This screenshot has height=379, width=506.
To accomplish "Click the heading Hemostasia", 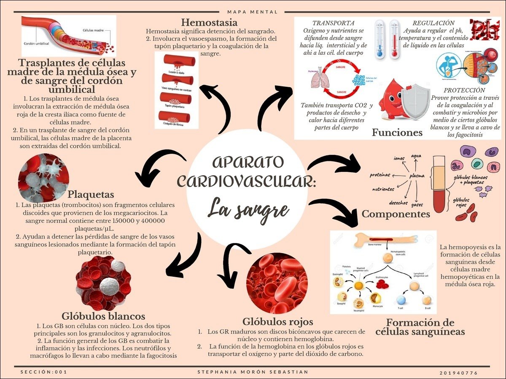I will click(x=209, y=22).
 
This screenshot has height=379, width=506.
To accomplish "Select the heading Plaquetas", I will click(x=91, y=195).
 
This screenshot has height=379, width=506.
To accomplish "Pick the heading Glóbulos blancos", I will click(x=103, y=316).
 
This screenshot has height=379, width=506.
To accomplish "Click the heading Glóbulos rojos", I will click(x=277, y=322).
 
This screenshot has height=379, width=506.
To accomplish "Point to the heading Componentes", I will click(x=396, y=214).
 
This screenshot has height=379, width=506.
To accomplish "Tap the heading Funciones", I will click(x=397, y=133).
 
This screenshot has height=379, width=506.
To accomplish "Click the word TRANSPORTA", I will click(x=333, y=23).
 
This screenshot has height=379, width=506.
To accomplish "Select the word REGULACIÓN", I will click(x=433, y=23).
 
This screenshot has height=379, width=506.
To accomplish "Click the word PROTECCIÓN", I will click(x=464, y=90).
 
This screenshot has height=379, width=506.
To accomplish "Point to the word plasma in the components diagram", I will click(x=417, y=176).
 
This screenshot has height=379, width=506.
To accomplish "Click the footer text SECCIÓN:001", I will click(x=43, y=372).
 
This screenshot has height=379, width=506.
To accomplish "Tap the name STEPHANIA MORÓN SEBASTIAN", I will click(x=253, y=372).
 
